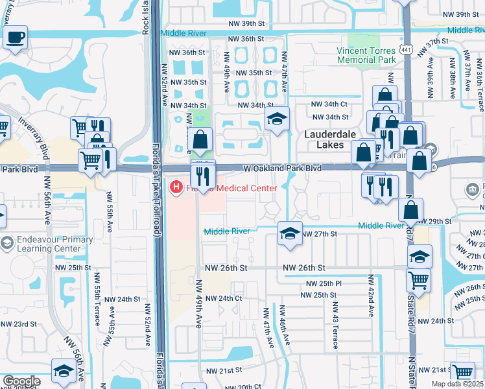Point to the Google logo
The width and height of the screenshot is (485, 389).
click(x=21, y=381)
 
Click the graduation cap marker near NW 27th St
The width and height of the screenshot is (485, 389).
click(x=290, y=233)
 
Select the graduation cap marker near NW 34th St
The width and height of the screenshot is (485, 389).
click(x=277, y=119)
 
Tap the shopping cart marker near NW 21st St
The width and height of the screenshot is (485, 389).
click(x=463, y=373)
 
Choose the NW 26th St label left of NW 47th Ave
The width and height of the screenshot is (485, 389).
click(x=226, y=267)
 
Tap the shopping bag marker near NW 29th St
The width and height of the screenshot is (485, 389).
click(x=411, y=210)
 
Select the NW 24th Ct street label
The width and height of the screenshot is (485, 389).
click(x=226, y=298)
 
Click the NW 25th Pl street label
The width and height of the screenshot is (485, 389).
click(x=324, y=283)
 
